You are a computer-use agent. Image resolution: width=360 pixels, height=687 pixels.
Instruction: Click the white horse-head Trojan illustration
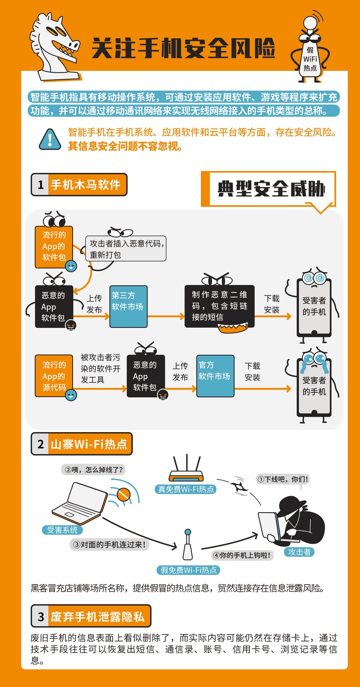[x=55, y=48]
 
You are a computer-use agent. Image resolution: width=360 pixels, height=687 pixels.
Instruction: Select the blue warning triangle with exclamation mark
[x=50, y=140]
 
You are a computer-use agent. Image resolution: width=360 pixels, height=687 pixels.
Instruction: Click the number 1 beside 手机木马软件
[x=41, y=185]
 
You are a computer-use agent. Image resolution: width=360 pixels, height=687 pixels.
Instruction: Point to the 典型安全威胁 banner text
[x=271, y=189]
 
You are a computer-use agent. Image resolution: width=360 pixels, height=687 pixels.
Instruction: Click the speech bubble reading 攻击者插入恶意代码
[x=126, y=249]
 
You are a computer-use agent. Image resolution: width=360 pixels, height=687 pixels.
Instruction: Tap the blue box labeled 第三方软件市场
[x=128, y=306]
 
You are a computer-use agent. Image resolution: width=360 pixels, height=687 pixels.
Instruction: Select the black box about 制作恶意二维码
[x=219, y=306]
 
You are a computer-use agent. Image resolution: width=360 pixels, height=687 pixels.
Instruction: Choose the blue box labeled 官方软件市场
[x=215, y=376]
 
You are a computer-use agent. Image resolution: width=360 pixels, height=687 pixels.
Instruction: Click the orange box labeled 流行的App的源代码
[x=54, y=376]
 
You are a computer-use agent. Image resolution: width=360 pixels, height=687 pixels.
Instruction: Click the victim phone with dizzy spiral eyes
[x=314, y=307]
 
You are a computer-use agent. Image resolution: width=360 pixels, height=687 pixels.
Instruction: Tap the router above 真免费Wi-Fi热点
[x=186, y=469]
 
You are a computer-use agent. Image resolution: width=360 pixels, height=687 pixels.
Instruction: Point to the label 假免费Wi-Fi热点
[x=188, y=570]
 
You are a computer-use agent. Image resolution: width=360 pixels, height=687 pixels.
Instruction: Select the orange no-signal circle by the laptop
[x=123, y=494]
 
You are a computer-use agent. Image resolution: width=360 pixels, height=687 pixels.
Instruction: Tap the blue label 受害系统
[x=62, y=530]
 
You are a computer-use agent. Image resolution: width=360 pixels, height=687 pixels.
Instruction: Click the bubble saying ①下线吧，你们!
[x=283, y=479]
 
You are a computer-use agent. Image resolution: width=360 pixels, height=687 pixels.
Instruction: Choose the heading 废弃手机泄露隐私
[x=97, y=617]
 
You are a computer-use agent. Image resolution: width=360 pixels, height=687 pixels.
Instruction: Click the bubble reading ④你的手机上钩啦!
[x=242, y=555]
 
